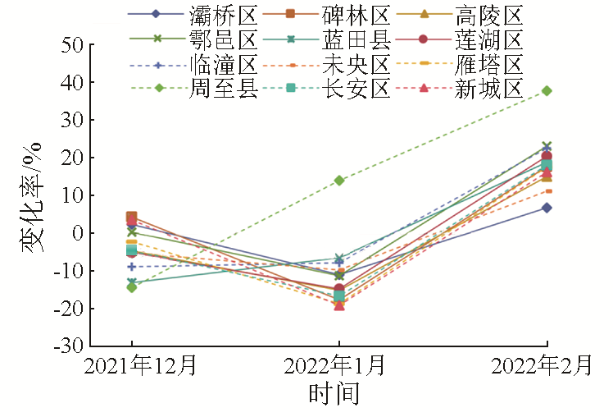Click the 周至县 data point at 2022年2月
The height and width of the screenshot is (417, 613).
pyautogui.click(x=547, y=90)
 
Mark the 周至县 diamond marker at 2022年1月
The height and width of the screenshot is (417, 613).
pyautogui.click(x=339, y=180)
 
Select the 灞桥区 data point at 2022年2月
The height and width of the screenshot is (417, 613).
pyautogui.click(x=547, y=208)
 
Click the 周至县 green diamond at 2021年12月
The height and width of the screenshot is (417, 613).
pyautogui.click(x=131, y=286)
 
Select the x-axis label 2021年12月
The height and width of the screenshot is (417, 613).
pyautogui.click(x=132, y=367)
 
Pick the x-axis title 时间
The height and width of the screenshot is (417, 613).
pyautogui.click(x=334, y=395)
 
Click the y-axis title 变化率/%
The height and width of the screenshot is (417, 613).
pyautogui.click(x=32, y=196)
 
